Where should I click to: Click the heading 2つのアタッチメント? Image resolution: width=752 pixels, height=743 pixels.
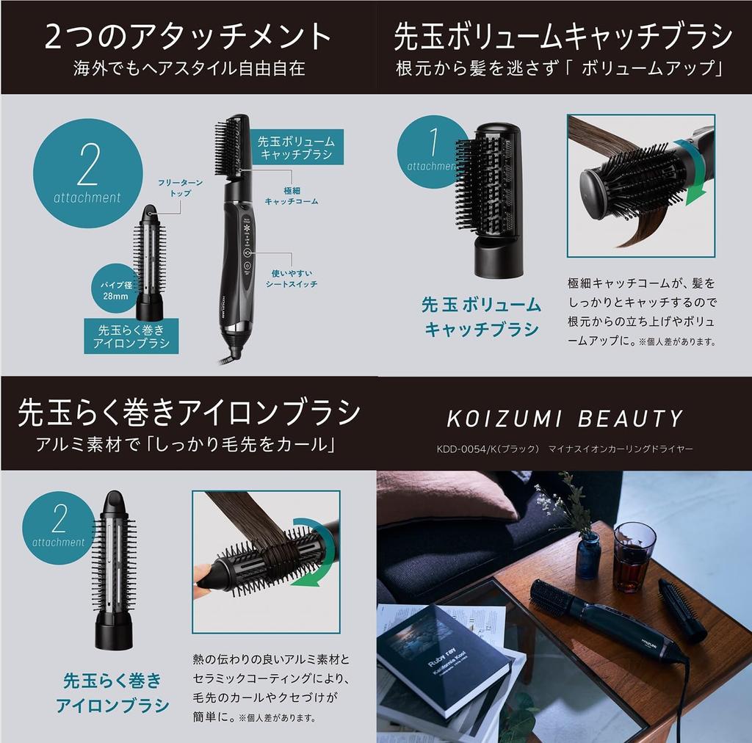[x=187, y=37]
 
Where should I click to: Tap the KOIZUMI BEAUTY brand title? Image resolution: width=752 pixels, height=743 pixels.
[x=565, y=418]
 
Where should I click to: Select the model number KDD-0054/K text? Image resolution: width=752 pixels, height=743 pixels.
[x=488, y=449]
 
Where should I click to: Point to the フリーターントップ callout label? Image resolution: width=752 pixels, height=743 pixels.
[x=181, y=188]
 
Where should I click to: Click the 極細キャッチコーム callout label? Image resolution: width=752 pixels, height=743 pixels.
[x=292, y=196]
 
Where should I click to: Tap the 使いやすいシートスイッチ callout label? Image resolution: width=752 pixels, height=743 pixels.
[x=292, y=278]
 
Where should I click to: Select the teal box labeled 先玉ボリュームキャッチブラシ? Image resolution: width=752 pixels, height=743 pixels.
[x=296, y=147]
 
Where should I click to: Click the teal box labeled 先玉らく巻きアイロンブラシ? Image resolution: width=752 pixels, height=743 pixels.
[x=131, y=336]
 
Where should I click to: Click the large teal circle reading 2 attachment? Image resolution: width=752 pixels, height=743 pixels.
[x=88, y=173]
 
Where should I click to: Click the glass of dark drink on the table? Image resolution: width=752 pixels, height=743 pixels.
[x=634, y=557]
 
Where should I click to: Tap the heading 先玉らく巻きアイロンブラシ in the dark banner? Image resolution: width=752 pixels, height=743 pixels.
[x=189, y=413]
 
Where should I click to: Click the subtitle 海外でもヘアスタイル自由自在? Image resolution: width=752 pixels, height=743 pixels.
[x=189, y=68]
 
